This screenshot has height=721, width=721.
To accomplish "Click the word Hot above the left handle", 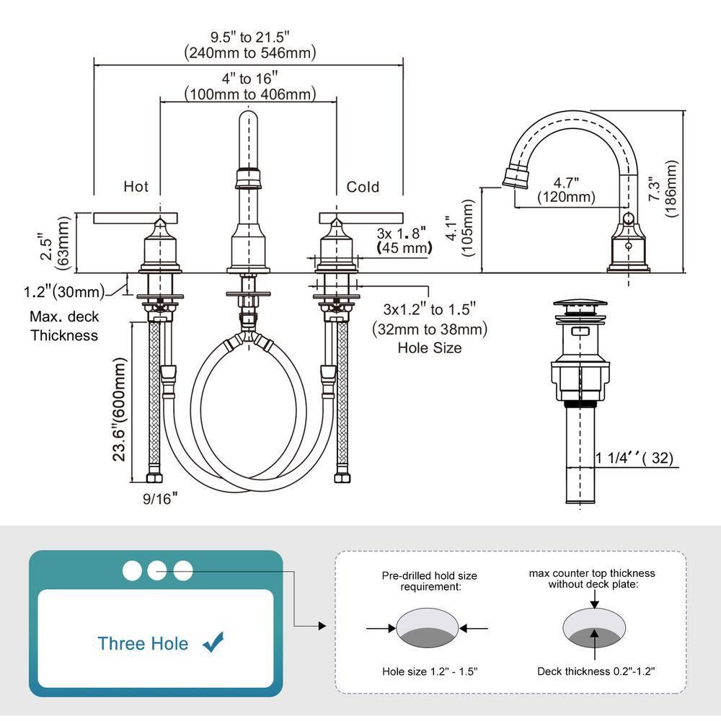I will click(x=136, y=187).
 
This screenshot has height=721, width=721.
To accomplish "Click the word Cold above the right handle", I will click(x=363, y=187).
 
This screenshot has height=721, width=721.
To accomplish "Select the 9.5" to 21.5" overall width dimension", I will click(x=249, y=44).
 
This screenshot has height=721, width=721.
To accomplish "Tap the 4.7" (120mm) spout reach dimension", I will click(x=566, y=190).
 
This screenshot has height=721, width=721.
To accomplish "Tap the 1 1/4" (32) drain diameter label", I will click(x=634, y=457).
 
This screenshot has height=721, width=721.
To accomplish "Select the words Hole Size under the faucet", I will click(x=429, y=348).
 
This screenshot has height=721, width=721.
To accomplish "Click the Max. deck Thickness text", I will click(x=63, y=326).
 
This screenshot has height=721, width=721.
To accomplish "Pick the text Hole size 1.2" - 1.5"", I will click(x=430, y=671).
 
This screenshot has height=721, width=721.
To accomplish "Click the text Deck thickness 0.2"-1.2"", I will click(x=596, y=671).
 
